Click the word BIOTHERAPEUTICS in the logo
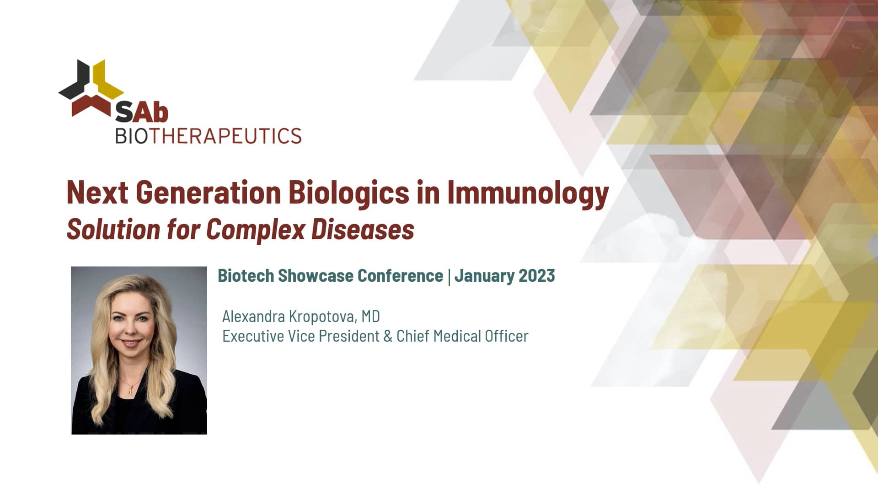tap(208, 136)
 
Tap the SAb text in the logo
tap(141, 112)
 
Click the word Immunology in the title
tap(528, 193)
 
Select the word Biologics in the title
tap(348, 193)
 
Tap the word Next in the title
tap(97, 193)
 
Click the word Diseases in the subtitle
tap(363, 229)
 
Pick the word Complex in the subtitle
tap(255, 229)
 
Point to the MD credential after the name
tap(370, 316)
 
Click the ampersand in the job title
tap(388, 336)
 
